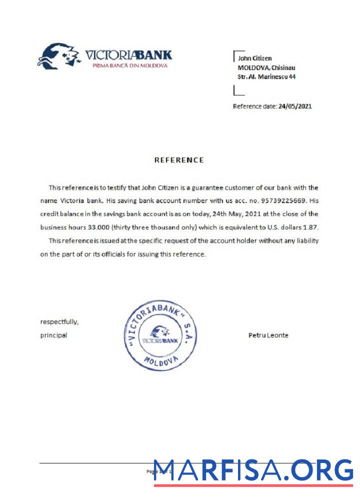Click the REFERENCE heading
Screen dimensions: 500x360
click(x=179, y=160)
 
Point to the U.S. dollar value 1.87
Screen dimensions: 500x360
click(x=310, y=227)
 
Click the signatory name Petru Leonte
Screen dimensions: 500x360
click(x=268, y=335)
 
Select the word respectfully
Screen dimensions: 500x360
click(x=59, y=321)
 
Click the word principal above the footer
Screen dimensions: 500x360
click(x=53, y=335)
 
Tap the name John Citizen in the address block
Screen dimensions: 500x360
click(x=254, y=58)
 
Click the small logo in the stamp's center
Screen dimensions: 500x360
click(x=160, y=335)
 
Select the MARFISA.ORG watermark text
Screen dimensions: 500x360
click(x=253, y=470)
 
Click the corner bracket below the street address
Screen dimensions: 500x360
click(x=238, y=91)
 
